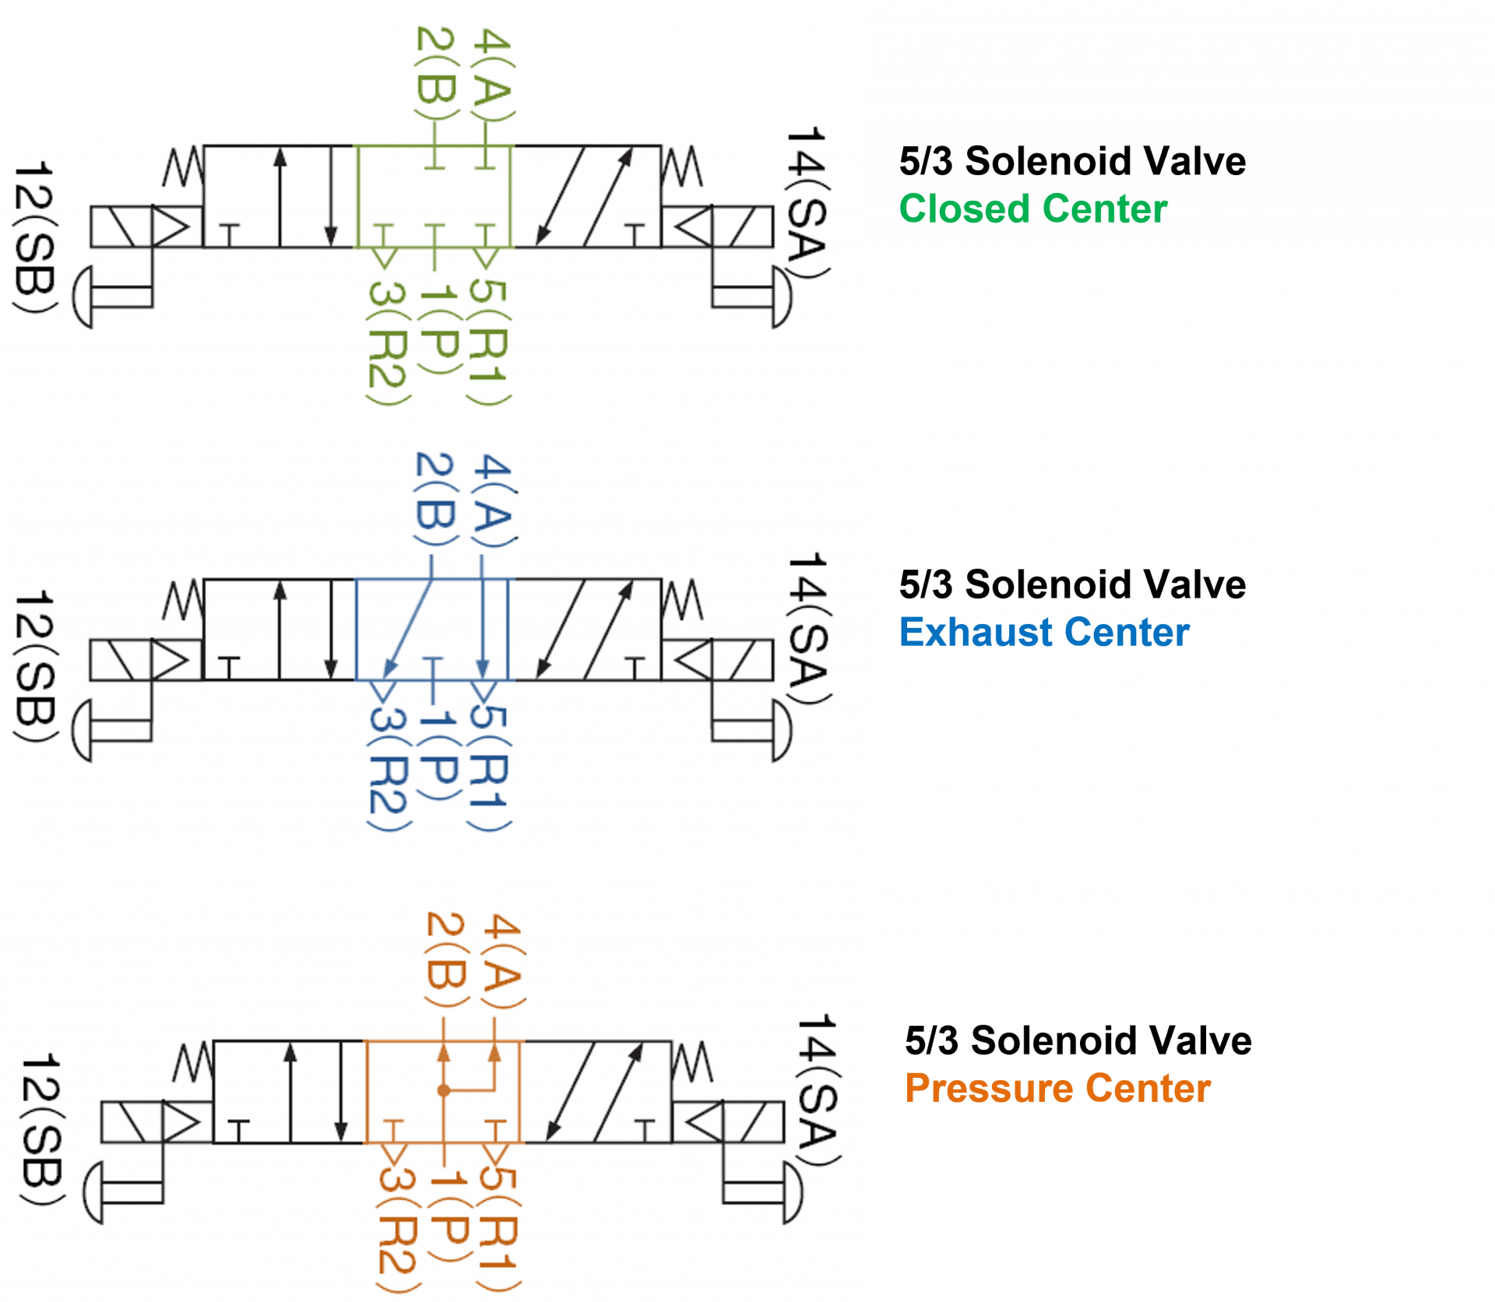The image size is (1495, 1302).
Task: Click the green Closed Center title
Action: point(1032,209)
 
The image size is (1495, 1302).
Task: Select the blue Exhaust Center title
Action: point(1044,632)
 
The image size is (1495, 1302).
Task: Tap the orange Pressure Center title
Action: point(1057,1088)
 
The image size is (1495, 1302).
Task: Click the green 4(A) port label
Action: point(492,75)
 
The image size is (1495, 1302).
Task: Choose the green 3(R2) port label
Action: point(387,342)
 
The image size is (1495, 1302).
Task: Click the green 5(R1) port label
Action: point(489,342)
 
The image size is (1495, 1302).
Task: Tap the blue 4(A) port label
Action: point(494,501)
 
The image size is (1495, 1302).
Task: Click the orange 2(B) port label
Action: point(446,960)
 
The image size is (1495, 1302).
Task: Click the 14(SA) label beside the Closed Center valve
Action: point(807,202)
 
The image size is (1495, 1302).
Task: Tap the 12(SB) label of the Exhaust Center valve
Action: point(35,666)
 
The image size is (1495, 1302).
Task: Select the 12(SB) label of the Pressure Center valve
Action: point(40,1129)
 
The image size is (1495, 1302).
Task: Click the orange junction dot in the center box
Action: point(444,1090)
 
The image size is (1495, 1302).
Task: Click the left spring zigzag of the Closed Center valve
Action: point(184,168)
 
